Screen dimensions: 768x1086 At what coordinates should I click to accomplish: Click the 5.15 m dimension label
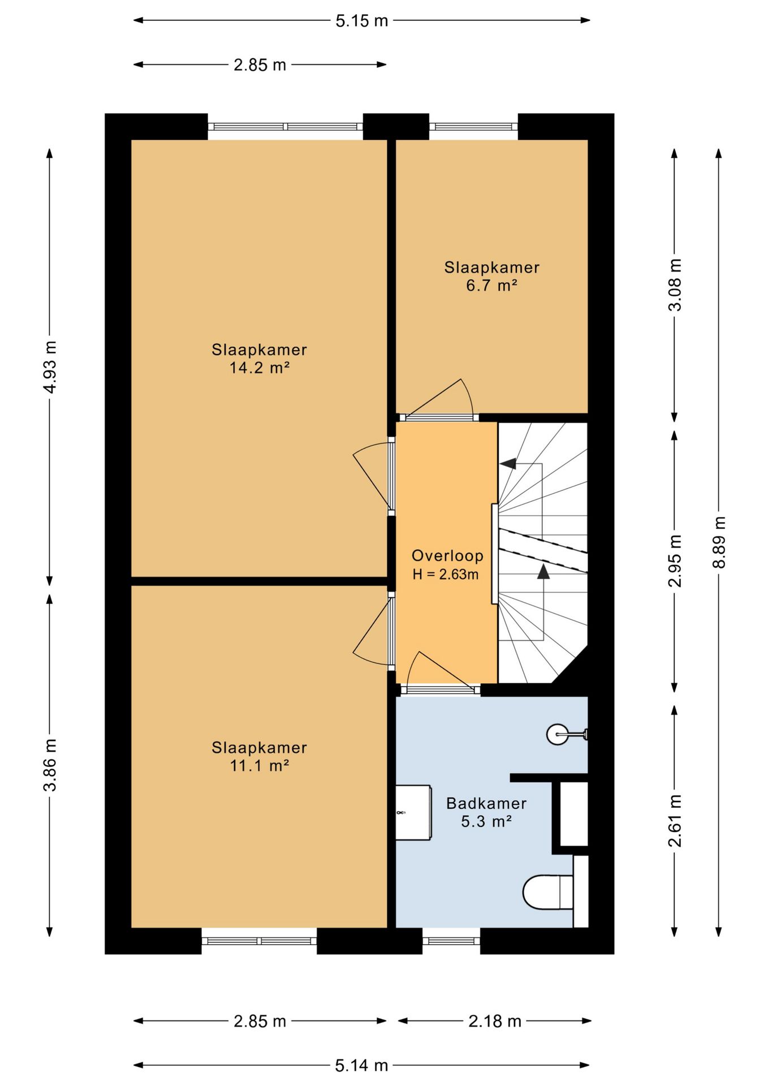362,21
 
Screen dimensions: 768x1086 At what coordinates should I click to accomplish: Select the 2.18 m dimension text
495,1021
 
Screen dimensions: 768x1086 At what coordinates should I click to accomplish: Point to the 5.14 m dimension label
362,1066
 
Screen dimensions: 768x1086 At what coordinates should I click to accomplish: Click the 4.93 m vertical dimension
50,367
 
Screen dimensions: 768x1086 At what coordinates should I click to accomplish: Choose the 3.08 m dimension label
675,285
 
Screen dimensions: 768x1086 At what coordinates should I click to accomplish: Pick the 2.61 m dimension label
675,820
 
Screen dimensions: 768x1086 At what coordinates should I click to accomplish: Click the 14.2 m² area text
260,368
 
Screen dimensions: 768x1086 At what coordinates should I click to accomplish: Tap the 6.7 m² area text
492,286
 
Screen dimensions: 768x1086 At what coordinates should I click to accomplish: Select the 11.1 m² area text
260,766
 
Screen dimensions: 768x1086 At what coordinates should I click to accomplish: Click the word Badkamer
486,803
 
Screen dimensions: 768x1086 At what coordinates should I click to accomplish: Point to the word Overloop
447,556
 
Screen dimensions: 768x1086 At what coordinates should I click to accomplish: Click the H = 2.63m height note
446,575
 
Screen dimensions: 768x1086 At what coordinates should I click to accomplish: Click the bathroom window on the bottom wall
451,941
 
